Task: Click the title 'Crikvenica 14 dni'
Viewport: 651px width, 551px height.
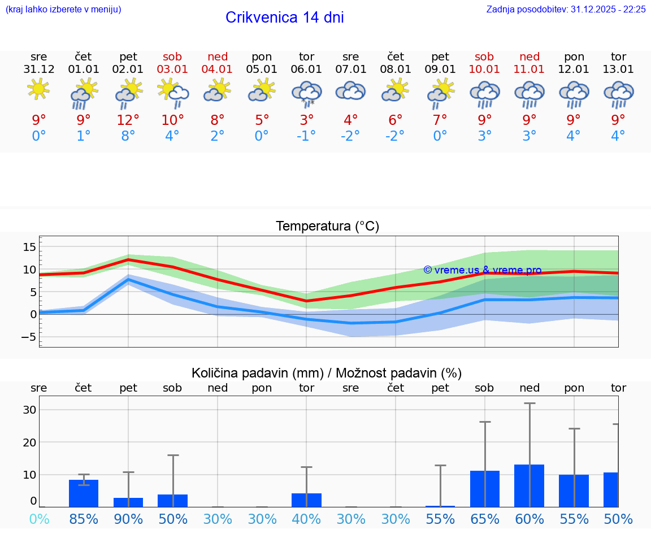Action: (x=284, y=18)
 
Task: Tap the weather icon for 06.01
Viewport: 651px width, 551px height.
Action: (x=306, y=93)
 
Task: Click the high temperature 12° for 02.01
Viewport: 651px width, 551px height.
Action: (x=128, y=120)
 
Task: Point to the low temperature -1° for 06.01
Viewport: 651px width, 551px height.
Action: (x=306, y=136)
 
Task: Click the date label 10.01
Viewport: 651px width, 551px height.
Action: (x=484, y=70)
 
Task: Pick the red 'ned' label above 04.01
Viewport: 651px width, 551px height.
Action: (x=218, y=57)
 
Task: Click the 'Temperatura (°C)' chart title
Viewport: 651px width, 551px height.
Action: (x=327, y=226)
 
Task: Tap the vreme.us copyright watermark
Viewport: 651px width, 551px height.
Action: (x=482, y=270)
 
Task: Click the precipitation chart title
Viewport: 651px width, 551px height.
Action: (x=327, y=373)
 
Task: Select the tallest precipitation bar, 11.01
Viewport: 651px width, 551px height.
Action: (x=530, y=485)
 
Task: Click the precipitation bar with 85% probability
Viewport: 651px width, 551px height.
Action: (x=84, y=493)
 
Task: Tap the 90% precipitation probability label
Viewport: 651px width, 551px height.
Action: (x=128, y=519)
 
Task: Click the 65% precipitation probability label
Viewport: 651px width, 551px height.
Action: (x=484, y=519)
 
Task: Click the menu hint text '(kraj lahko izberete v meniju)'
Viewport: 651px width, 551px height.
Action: (x=63, y=9)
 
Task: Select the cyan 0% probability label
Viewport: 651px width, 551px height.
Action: (x=38, y=519)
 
